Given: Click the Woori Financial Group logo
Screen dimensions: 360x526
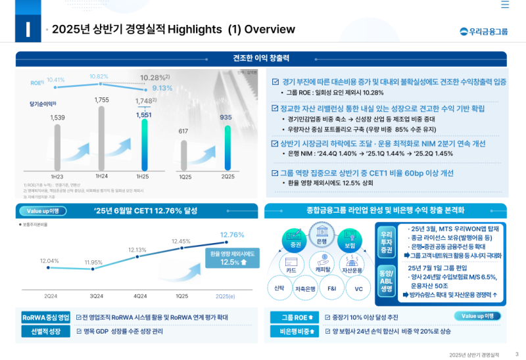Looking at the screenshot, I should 484,31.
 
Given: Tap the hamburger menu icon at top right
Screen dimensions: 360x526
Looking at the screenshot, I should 505,5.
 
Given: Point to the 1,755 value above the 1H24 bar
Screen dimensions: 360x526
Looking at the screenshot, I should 101,100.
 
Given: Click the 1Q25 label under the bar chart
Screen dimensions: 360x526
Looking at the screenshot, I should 185,177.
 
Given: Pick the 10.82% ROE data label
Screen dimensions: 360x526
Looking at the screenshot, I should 99,76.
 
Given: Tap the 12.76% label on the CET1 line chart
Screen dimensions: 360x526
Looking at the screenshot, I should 232,235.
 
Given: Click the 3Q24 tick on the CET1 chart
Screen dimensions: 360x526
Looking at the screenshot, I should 96,296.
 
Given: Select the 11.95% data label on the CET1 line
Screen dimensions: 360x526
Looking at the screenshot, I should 93,262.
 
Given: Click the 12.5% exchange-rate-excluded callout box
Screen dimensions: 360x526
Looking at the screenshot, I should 233,258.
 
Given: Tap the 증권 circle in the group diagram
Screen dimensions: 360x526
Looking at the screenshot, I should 295,243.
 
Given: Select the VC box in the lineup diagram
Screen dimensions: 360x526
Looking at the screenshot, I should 358,288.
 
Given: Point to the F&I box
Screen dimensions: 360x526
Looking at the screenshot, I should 331,288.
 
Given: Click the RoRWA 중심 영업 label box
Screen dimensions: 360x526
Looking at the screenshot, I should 45,317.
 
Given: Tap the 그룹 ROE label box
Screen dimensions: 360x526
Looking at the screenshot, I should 295,317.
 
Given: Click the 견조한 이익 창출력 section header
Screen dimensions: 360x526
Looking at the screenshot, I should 261,58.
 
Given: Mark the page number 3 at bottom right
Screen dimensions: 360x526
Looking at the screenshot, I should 517,354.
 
